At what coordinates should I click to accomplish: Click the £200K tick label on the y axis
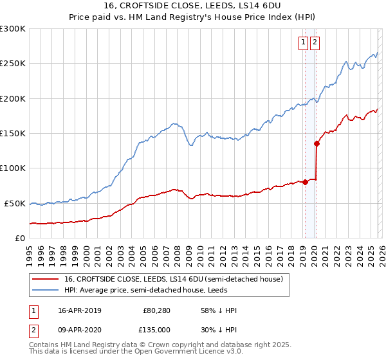[x=12, y=98]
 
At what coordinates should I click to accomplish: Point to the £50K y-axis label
[x=14, y=203]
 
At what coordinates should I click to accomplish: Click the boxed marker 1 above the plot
[x=303, y=43]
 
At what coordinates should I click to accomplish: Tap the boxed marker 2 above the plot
[x=315, y=43]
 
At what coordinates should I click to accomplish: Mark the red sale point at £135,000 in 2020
[x=317, y=144]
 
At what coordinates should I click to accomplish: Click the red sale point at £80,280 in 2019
[x=305, y=182]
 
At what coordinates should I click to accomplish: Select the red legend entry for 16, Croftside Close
[x=173, y=279]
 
